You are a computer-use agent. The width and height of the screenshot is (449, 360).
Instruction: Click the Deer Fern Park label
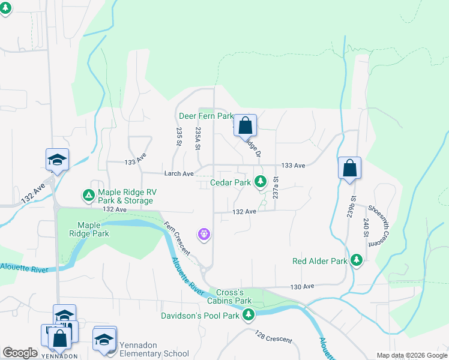tap(205, 115)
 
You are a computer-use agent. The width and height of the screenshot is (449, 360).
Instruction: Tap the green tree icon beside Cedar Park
tap(260, 180)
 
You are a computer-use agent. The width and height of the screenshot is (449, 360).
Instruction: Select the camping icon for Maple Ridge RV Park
tap(88, 194)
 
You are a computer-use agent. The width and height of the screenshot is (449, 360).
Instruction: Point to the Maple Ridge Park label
tap(89, 229)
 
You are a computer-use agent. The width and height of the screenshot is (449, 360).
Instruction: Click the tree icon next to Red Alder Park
tap(357, 260)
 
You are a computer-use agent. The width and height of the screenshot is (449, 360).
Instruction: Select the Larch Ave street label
tap(179, 173)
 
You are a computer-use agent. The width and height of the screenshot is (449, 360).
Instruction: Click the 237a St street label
tap(276, 188)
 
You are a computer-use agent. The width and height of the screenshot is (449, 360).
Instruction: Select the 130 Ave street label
tap(303, 287)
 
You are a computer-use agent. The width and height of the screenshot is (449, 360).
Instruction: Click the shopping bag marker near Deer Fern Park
tap(245, 126)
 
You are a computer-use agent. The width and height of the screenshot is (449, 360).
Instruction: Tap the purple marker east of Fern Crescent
tap(204, 233)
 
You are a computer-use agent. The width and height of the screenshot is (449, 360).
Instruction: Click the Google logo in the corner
tap(20, 353)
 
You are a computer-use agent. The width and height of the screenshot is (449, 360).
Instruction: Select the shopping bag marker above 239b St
tap(349, 169)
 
